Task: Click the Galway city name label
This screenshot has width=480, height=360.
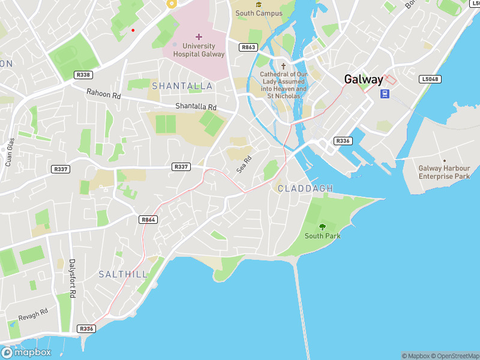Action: click(x=363, y=79)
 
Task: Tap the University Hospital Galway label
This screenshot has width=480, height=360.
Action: click(x=199, y=50)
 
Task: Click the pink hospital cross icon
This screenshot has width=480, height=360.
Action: click(x=199, y=37)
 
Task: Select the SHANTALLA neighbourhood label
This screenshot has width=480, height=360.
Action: click(x=182, y=86)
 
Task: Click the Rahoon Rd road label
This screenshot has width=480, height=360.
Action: click(x=103, y=94)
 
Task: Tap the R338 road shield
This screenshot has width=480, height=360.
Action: click(x=83, y=75)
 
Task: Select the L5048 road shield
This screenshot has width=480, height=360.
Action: click(x=430, y=79)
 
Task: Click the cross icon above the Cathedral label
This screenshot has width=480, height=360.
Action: click(x=283, y=66)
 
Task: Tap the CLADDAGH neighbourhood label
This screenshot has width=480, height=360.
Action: click(x=305, y=188)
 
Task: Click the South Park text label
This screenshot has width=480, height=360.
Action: click(x=322, y=236)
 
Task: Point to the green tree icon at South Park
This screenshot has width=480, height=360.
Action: click(x=322, y=227)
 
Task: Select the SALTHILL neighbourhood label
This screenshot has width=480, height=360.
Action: click(x=122, y=274)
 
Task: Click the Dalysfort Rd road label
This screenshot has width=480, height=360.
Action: click(x=73, y=278)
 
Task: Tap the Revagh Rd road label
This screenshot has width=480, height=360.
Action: click(x=33, y=316)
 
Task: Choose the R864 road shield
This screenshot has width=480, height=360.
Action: click(x=148, y=220)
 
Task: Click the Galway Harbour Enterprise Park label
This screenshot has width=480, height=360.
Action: click(x=444, y=172)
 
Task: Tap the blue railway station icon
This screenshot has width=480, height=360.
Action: click(x=385, y=94)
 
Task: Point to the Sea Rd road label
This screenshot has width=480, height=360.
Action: click(x=243, y=164)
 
